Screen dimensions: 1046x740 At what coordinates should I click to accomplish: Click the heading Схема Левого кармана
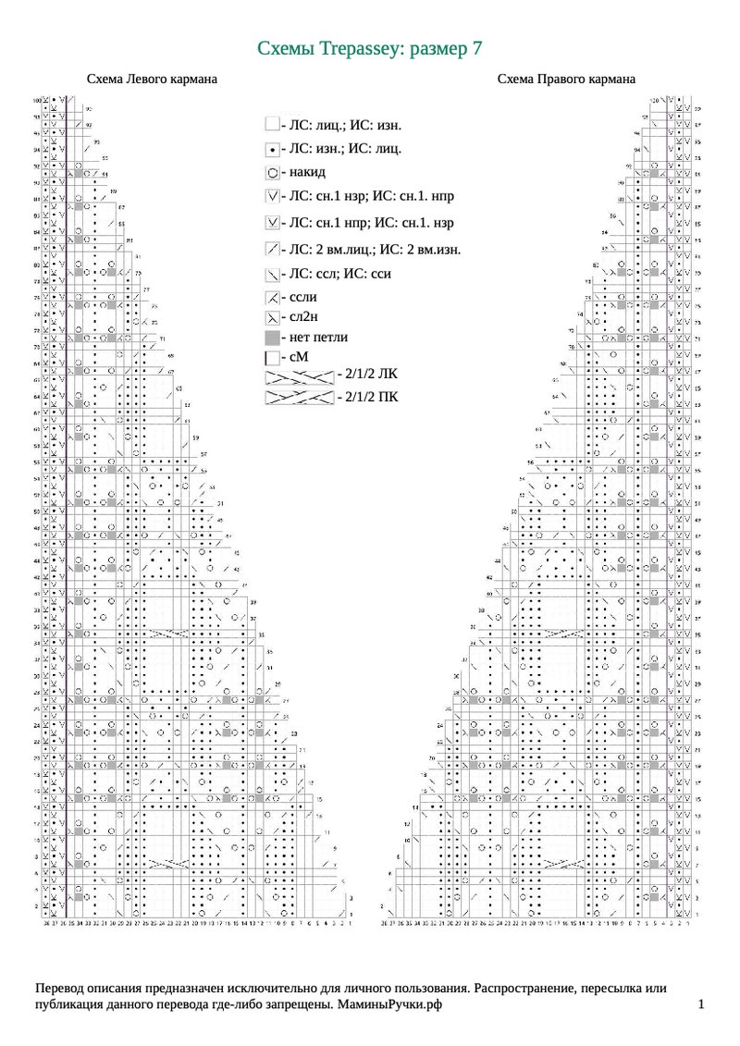[x=152, y=80]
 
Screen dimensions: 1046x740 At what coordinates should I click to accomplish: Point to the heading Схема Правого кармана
[x=566, y=80]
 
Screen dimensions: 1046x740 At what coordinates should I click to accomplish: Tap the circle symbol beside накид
[x=272, y=172]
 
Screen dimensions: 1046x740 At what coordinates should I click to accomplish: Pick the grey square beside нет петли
[x=272, y=338]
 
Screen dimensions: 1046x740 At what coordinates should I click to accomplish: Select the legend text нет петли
[x=318, y=338]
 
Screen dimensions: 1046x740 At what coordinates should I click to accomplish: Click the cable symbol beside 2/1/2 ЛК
[x=299, y=374]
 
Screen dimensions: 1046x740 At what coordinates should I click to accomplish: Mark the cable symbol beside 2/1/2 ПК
[x=299, y=397]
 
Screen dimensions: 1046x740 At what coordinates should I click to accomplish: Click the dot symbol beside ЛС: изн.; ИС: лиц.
[x=272, y=148]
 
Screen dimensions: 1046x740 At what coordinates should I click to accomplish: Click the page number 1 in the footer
[x=701, y=1004]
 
